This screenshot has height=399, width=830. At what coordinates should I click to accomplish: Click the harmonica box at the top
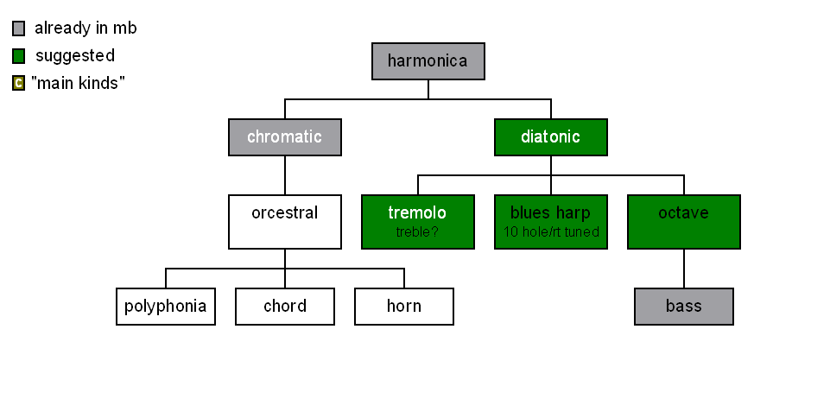click(428, 61)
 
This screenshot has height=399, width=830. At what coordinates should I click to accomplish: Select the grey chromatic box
click(285, 137)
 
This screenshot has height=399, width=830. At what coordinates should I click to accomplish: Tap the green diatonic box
click(550, 137)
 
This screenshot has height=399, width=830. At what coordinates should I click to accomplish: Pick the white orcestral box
click(285, 222)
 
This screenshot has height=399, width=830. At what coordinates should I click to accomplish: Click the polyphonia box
click(166, 307)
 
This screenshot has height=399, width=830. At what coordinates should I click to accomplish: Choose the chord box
click(285, 307)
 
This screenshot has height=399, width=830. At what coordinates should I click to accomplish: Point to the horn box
click(404, 307)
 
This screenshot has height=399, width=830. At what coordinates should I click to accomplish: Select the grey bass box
click(684, 307)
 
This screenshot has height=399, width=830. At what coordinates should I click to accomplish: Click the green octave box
click(684, 222)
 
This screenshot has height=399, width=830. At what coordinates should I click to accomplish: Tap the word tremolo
click(417, 212)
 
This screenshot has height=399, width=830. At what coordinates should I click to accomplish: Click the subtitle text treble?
click(417, 231)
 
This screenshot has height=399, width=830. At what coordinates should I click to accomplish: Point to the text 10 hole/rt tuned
click(551, 231)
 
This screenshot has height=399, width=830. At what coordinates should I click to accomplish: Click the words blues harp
click(550, 212)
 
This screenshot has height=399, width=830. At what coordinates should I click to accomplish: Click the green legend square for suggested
click(18, 56)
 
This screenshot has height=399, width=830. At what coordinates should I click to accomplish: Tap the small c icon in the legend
click(18, 83)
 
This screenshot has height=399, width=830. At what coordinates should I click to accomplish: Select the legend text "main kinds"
click(79, 83)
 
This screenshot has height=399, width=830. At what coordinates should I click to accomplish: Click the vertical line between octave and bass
click(684, 269)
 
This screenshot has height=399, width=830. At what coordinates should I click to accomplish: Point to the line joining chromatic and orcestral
click(285, 175)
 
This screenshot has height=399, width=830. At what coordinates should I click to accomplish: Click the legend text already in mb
click(86, 28)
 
